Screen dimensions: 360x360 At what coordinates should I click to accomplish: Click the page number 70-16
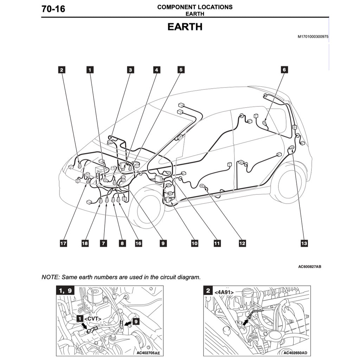(53, 9)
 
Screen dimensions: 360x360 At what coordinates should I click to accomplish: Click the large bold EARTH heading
(185, 27)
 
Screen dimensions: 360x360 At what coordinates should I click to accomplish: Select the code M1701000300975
(313, 37)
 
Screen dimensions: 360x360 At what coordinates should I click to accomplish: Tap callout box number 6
(284, 70)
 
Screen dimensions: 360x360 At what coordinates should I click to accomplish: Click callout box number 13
(304, 243)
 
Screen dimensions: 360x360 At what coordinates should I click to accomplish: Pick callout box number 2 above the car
(62, 70)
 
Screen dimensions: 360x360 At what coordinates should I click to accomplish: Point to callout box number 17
(63, 243)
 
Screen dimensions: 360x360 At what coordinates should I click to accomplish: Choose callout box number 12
(242, 243)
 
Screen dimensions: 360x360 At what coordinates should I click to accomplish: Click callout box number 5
(181, 70)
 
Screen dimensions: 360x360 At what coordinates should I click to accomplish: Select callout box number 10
(194, 243)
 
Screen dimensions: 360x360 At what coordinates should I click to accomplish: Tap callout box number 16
(139, 243)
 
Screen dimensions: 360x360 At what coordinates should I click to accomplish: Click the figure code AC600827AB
(309, 266)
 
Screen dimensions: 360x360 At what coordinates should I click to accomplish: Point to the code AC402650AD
(295, 353)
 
